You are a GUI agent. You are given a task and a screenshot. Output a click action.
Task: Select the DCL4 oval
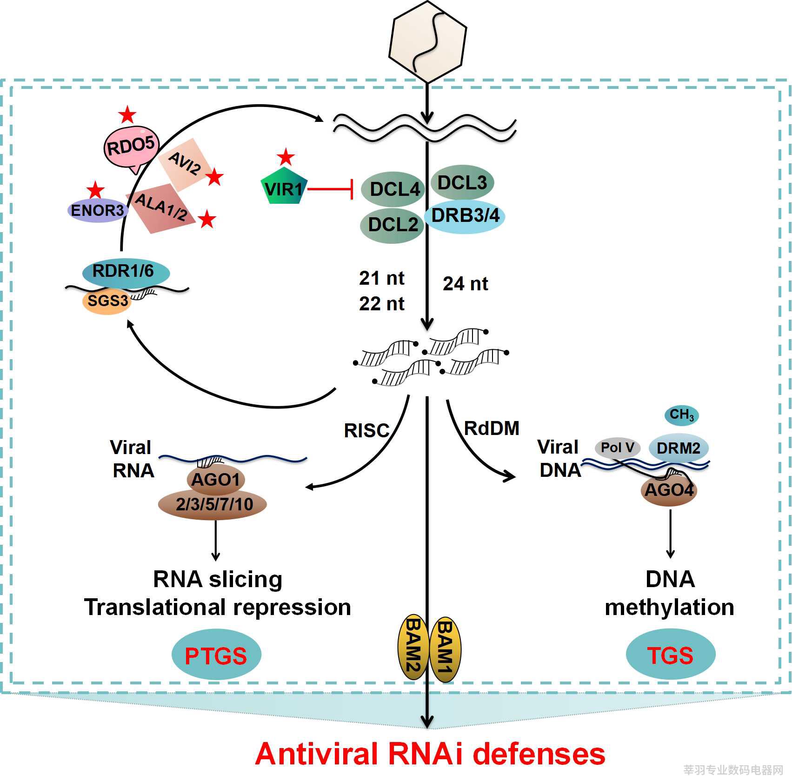[x=393, y=189]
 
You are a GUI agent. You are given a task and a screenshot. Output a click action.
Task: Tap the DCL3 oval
[x=462, y=182]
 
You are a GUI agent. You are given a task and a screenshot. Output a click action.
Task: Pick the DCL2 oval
[x=392, y=225]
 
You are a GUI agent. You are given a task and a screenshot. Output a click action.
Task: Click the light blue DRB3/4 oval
[x=465, y=216]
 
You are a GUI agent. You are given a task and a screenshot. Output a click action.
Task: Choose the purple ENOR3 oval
[x=98, y=210]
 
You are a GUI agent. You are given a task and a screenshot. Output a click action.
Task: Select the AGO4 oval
[x=669, y=489]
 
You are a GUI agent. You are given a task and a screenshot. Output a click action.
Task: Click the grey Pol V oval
[x=618, y=448]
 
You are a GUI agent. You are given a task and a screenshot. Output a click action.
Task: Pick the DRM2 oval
[x=679, y=448]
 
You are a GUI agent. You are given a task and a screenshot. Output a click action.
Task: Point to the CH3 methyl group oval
[x=682, y=415]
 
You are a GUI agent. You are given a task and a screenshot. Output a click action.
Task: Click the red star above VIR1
[x=286, y=157]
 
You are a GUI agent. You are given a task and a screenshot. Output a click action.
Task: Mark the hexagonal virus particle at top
[x=427, y=42]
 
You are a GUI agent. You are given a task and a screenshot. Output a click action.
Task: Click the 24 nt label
[x=465, y=283]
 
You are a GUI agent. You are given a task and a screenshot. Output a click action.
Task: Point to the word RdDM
[x=492, y=428]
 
